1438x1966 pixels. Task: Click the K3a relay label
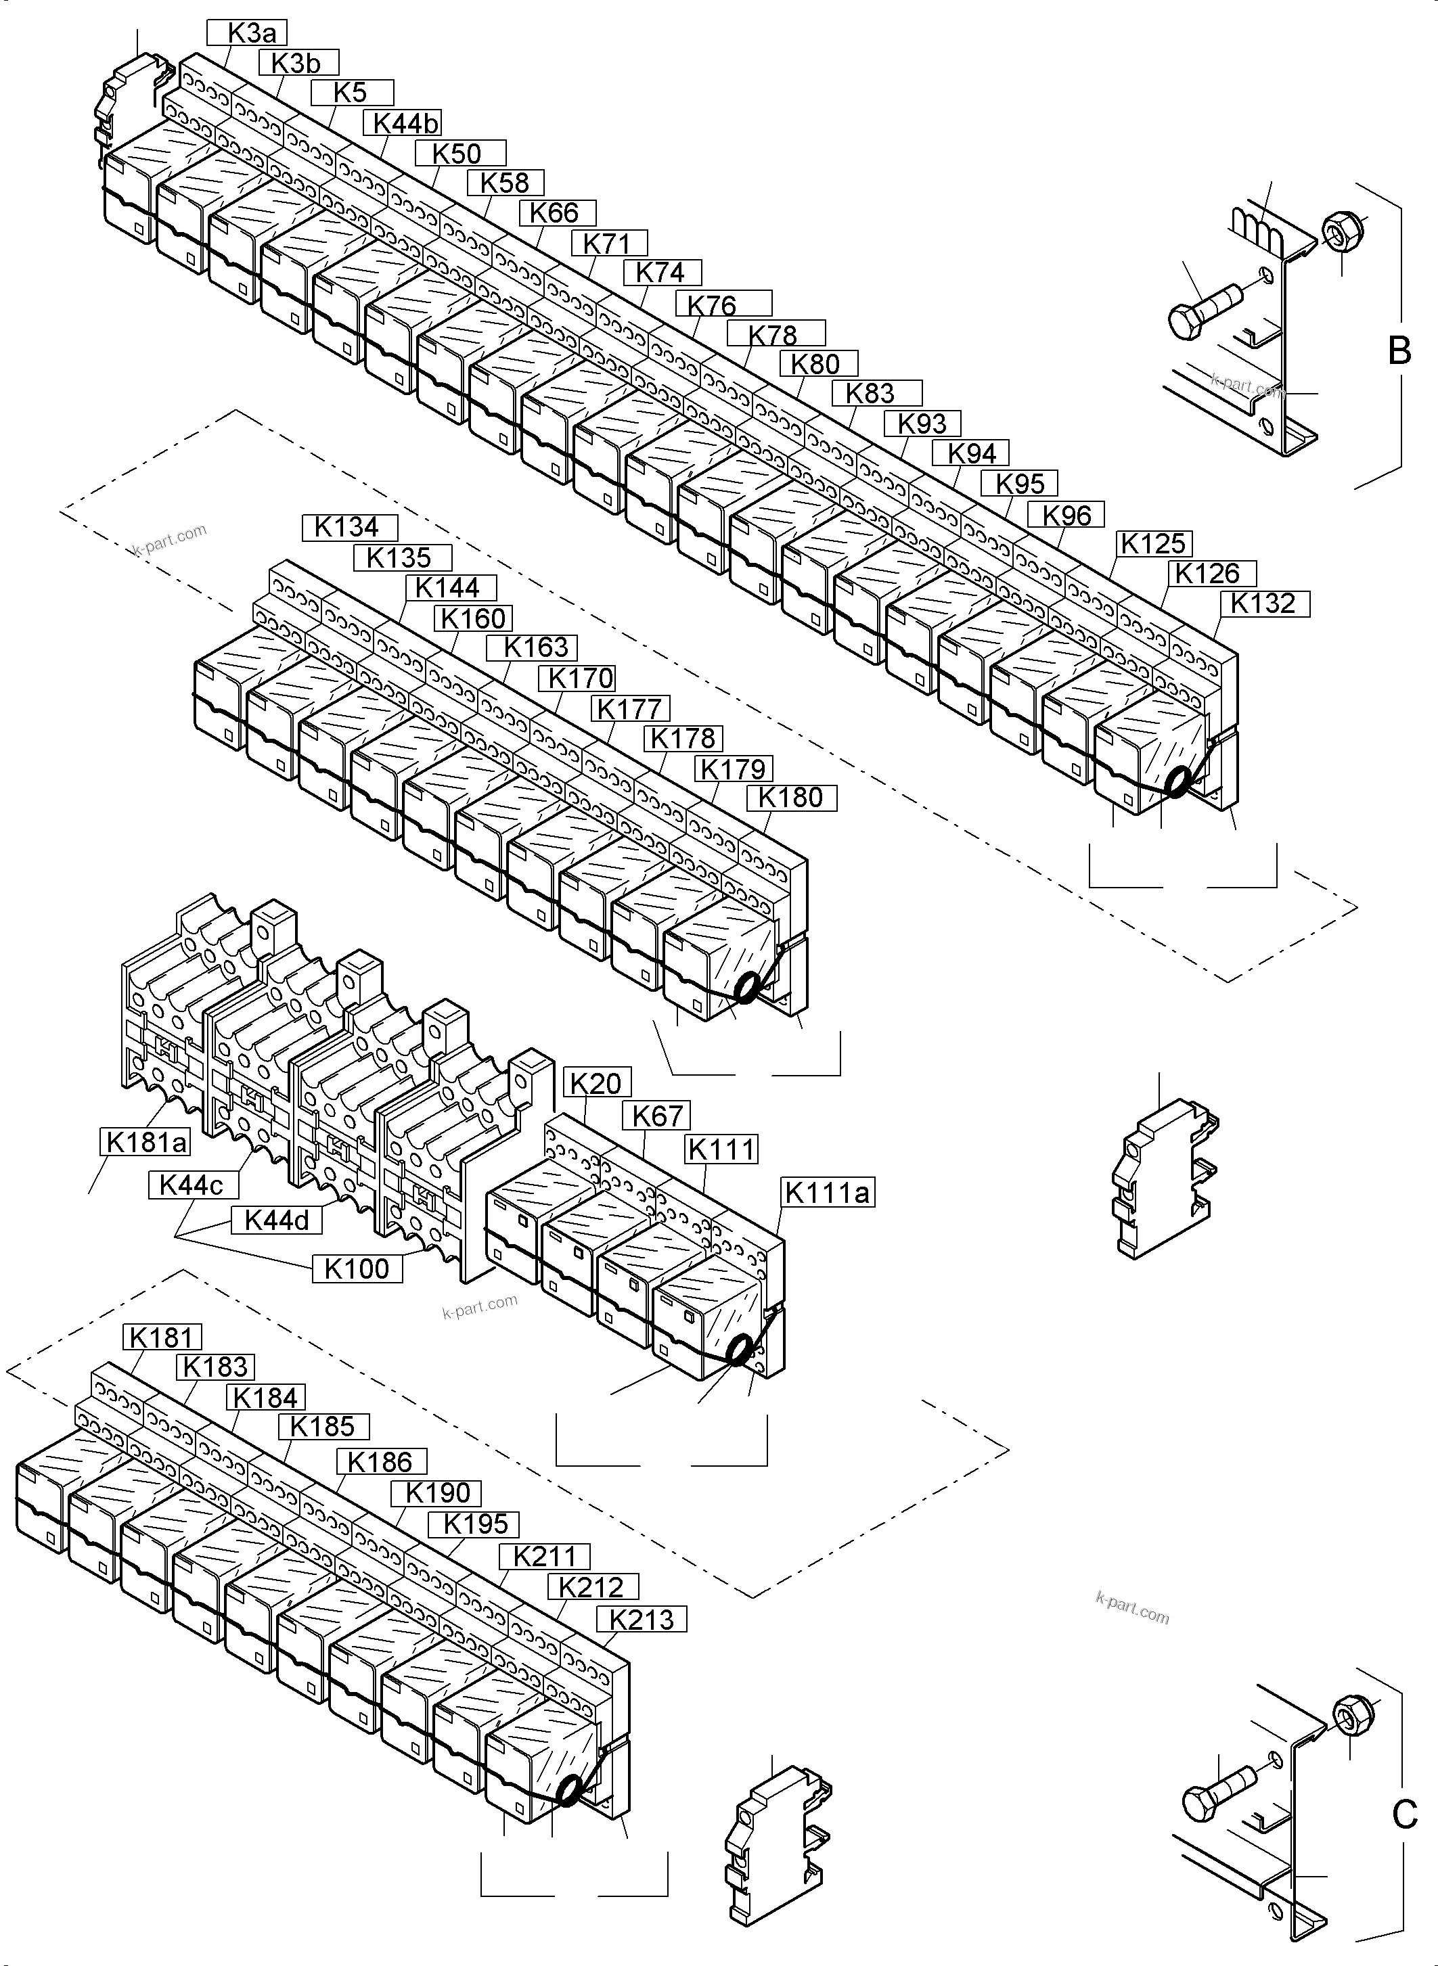coord(246,33)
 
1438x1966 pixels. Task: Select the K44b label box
coord(405,124)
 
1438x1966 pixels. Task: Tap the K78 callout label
coord(775,334)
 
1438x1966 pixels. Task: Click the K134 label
coord(349,528)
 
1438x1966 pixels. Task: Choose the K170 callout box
coord(581,678)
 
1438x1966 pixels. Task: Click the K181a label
coord(145,1143)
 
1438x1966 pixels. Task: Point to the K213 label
coord(642,1620)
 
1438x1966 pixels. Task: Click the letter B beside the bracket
coord(1399,350)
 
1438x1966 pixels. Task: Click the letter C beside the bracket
coord(1404,1814)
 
